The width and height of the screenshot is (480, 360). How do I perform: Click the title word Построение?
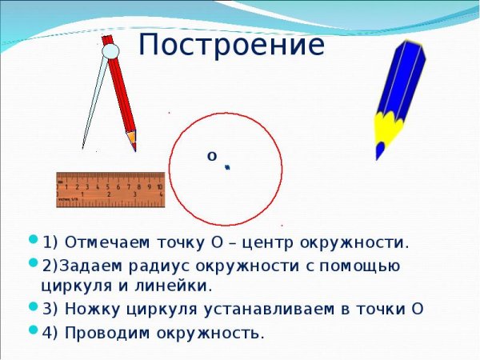tap(232, 46)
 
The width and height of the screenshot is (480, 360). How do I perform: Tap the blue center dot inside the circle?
tap(227, 167)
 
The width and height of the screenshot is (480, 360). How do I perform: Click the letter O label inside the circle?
tap(212, 156)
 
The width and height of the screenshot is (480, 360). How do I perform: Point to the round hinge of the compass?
tap(111, 51)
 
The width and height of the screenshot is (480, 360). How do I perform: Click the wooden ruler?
tap(110, 190)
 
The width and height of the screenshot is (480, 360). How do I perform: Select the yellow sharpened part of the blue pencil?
tap(388, 128)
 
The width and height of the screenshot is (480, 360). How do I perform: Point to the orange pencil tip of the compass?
tap(132, 141)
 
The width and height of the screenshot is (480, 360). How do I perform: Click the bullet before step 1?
tap(33, 239)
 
